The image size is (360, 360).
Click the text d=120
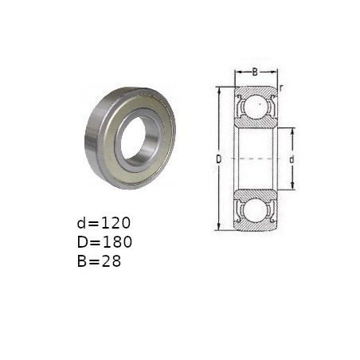[x=104, y=223]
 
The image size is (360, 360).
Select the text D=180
[x=104, y=242]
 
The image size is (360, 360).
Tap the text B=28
[x=99, y=261]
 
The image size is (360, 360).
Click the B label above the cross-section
[x=255, y=72]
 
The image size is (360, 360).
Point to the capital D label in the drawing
[x=218, y=159]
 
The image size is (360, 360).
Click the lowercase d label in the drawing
[x=292, y=159]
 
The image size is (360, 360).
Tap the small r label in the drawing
[x=281, y=88]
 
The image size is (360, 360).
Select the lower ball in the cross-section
[x=256, y=210]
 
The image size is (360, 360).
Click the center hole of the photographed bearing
[x=133, y=138]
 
